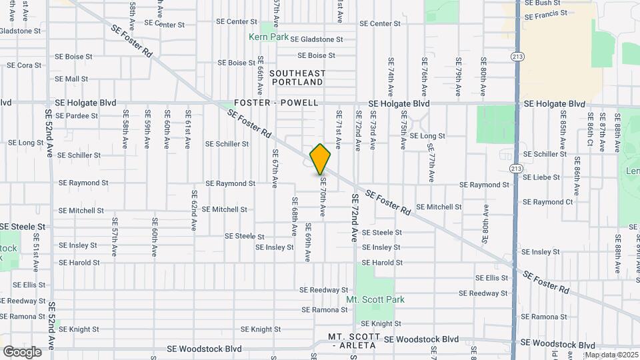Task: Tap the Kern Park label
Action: point(269,37)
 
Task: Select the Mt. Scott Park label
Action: point(375,300)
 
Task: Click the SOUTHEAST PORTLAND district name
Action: point(298,77)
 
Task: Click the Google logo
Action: point(22,352)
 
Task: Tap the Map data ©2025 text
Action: point(611,355)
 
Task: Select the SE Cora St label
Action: point(25,65)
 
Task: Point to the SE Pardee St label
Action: point(82,115)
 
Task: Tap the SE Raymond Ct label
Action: point(548,202)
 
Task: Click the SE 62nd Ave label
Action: point(195,211)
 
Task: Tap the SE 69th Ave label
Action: point(309,242)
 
